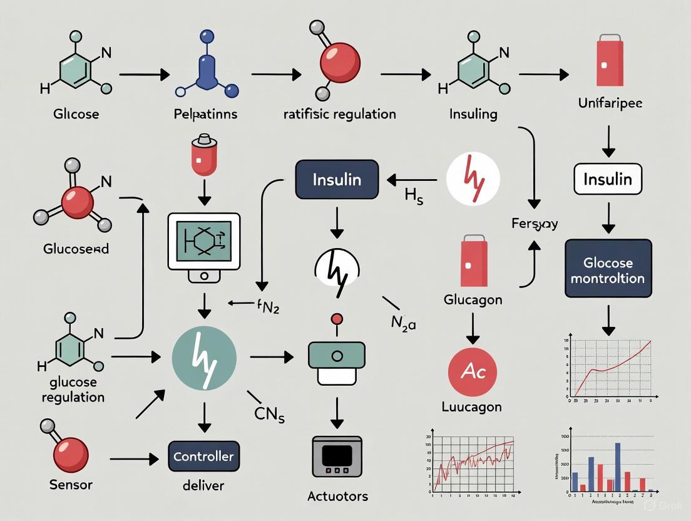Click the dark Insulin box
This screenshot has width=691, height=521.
[337, 180]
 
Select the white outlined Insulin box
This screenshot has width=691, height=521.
[607, 180]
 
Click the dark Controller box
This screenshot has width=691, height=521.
[203, 457]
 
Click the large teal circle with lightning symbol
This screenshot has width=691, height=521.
[204, 358]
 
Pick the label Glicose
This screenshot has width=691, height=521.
[76, 115]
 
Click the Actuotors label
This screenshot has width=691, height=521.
[337, 497]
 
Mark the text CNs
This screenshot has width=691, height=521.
[270, 414]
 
